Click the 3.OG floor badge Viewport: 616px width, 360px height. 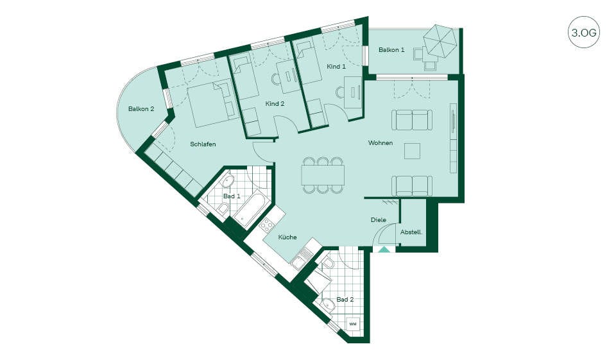(584, 32)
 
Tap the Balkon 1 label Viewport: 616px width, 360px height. (391, 50)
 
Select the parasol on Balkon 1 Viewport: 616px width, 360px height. (440, 40)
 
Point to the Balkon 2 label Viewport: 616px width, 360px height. (141, 109)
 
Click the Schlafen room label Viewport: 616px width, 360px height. (203, 144)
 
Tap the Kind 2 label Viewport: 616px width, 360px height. (275, 104)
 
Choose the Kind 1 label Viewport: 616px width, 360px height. (336, 67)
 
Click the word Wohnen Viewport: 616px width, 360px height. (381, 142)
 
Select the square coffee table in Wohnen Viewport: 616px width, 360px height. (412, 151)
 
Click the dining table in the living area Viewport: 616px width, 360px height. (323, 175)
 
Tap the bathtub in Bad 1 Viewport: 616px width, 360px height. (249, 209)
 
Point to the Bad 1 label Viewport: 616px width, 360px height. (232, 196)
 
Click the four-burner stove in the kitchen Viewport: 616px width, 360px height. (267, 225)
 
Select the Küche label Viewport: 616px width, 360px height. (287, 237)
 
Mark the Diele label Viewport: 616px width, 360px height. (379, 220)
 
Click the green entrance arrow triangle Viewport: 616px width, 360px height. (384, 249)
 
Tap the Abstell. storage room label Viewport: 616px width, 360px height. (411, 232)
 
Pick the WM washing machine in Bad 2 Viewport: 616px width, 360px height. (353, 324)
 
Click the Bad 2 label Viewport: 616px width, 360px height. (345, 300)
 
